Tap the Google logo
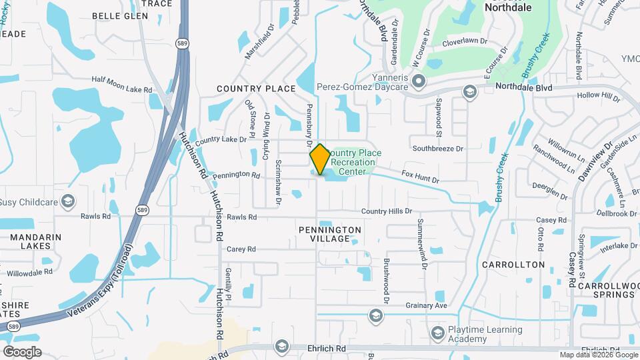21,352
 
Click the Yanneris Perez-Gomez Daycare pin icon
419,82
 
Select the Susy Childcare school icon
67,201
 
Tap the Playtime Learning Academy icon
437,333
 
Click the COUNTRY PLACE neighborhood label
256,89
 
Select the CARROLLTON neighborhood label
513,265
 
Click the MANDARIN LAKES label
31,241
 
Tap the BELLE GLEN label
120,15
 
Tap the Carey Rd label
241,249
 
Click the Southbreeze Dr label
437,148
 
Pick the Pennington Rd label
236,175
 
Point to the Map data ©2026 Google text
598,355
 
